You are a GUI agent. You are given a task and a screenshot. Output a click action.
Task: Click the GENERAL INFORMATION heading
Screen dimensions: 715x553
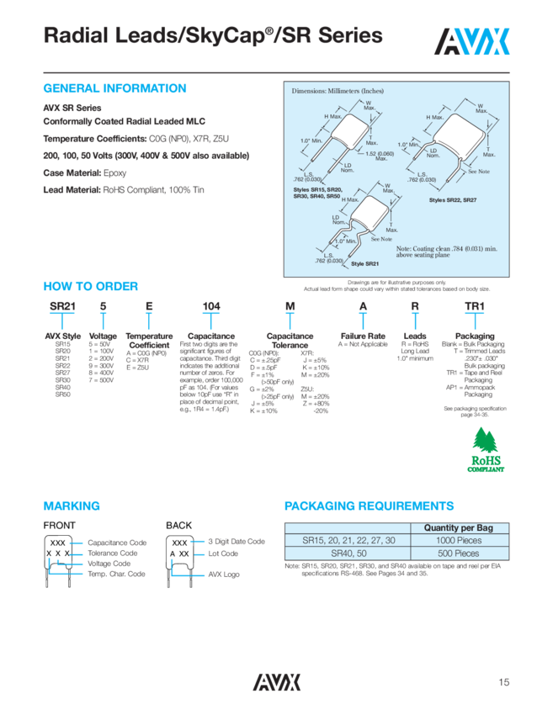coord(114,88)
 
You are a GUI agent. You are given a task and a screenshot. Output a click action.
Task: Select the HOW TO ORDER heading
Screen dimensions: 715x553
coord(91,287)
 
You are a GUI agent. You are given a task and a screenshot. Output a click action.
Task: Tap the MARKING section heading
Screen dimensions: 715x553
coord(72,506)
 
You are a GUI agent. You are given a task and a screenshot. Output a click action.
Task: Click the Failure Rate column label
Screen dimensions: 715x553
coord(363,336)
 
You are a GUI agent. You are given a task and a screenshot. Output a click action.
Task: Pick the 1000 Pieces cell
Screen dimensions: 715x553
coord(459,541)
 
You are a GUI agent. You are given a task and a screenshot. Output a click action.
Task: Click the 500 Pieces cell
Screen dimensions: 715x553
coord(459,553)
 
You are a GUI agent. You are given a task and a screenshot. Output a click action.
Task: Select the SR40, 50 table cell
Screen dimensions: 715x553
coord(348,553)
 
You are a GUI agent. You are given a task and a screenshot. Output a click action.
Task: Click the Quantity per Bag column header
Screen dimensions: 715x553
coord(459,527)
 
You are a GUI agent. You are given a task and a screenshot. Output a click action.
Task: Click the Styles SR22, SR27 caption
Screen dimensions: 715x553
coord(452,200)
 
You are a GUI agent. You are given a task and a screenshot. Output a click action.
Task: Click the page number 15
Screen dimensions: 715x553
coord(503,683)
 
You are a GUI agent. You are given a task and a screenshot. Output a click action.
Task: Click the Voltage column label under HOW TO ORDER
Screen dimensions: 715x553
coord(103,336)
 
